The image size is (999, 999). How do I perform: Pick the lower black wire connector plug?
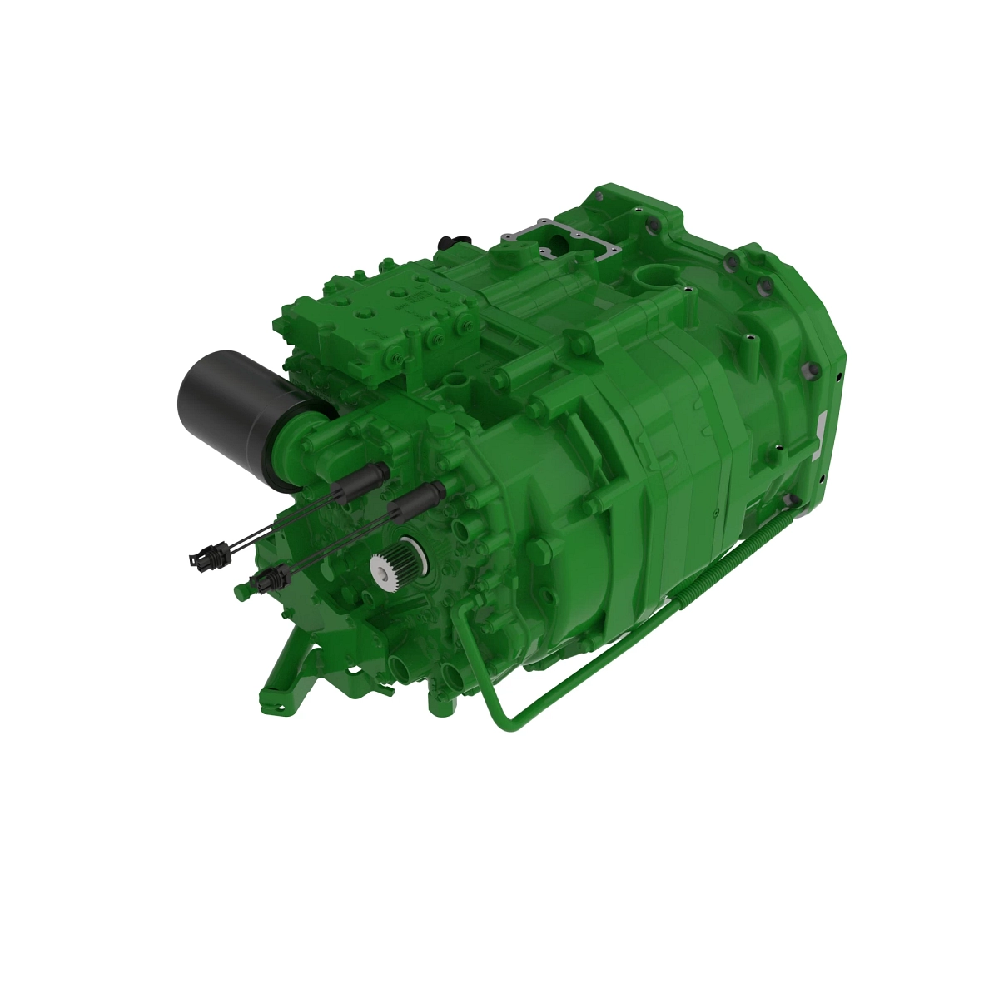coord(268,578)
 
